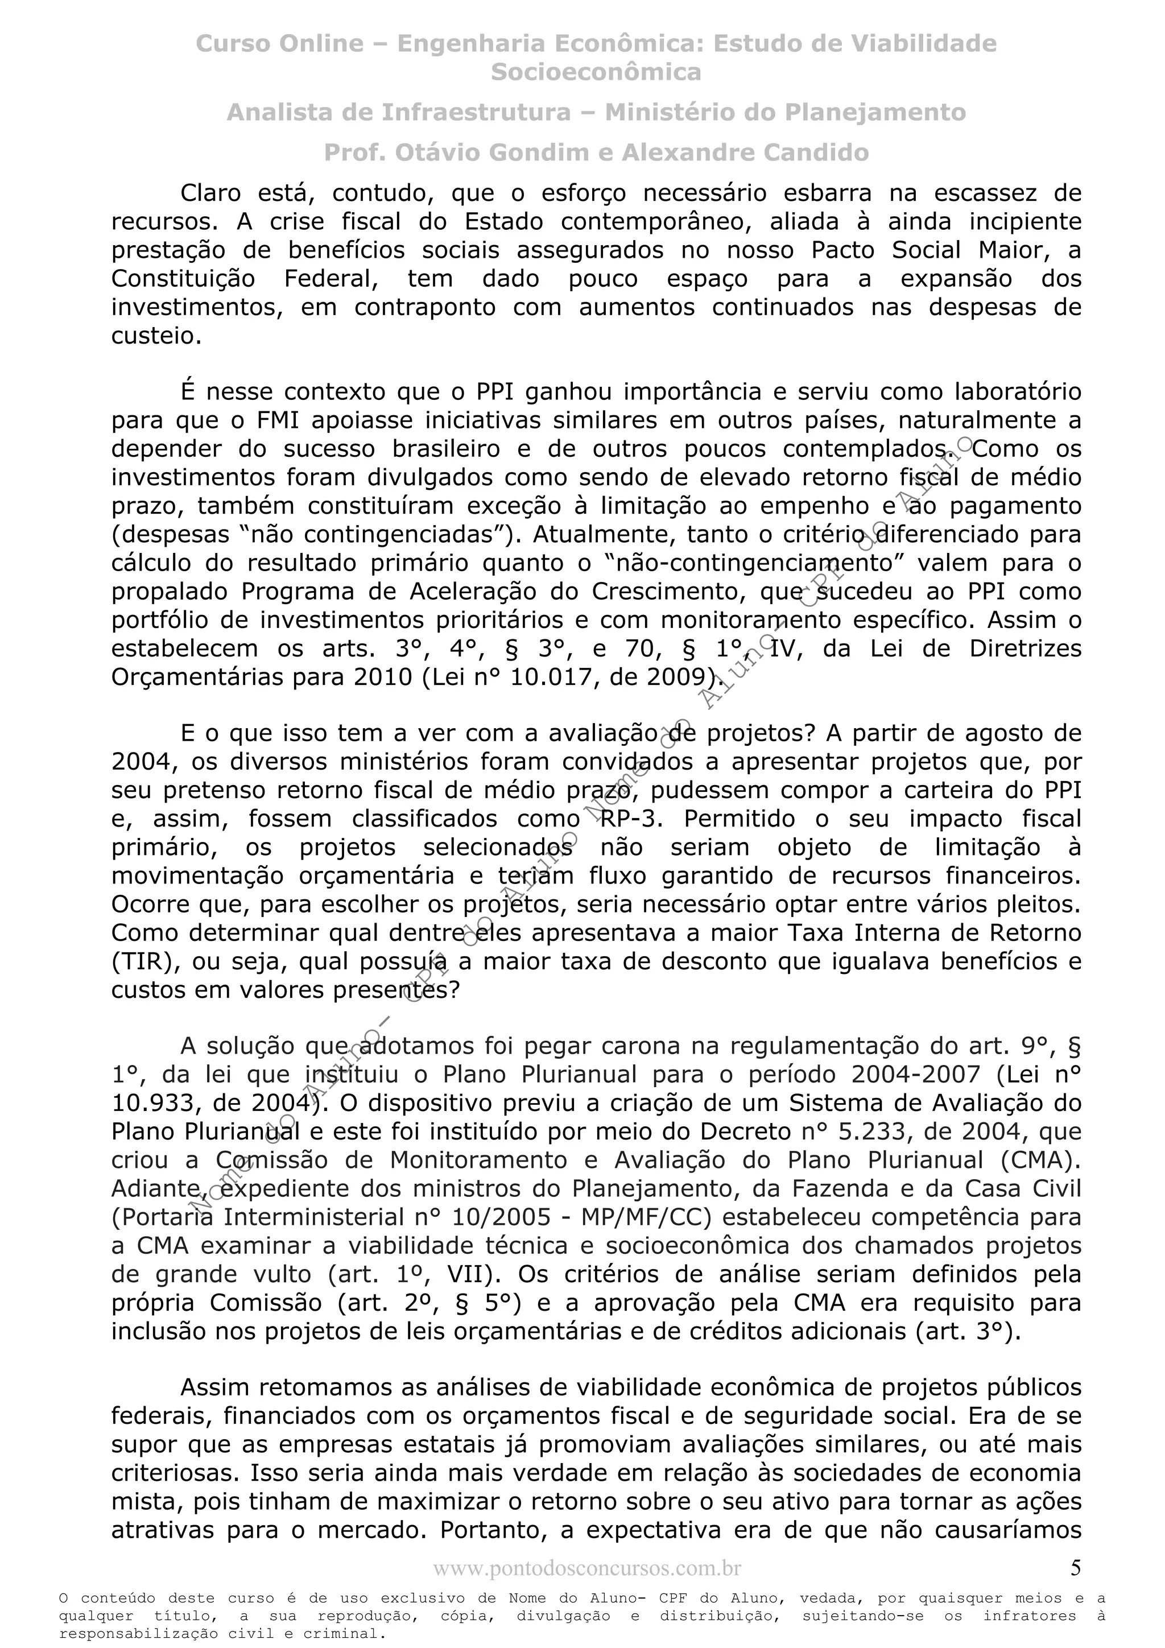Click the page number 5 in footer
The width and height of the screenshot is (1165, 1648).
(1075, 1568)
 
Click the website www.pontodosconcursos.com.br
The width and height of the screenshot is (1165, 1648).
(586, 1568)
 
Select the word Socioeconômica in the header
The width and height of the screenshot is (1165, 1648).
(596, 72)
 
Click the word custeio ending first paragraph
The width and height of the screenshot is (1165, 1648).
(156, 337)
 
